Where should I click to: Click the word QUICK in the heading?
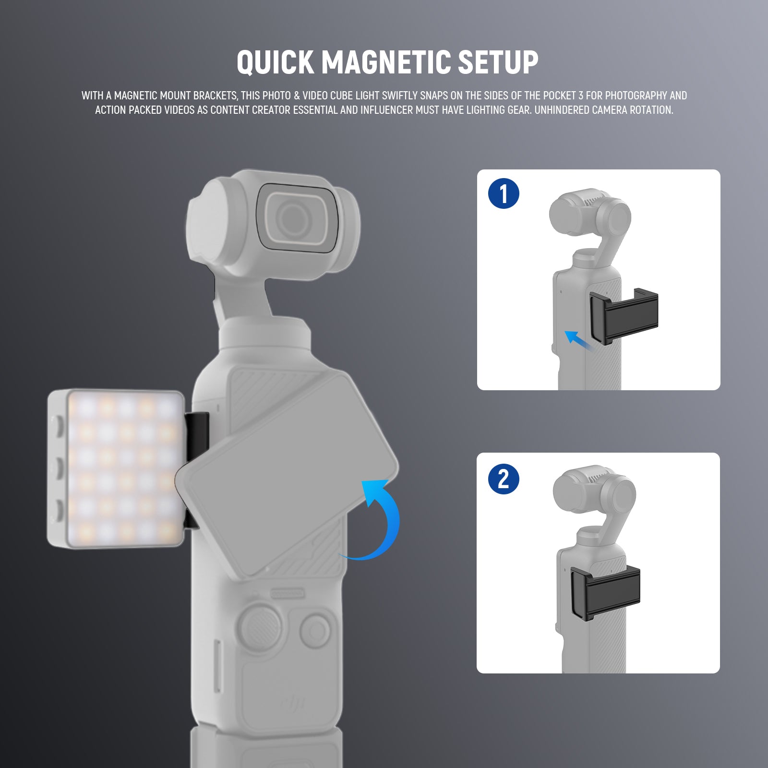tap(275, 62)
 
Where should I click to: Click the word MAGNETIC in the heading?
tap(386, 62)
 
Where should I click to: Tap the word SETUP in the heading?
tap(498, 62)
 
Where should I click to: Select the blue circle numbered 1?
tap(504, 193)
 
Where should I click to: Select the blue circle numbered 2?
tap(504, 479)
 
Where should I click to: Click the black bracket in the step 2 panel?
tap(605, 592)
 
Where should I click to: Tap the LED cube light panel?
tap(116, 468)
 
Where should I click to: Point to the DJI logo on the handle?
tap(293, 704)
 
